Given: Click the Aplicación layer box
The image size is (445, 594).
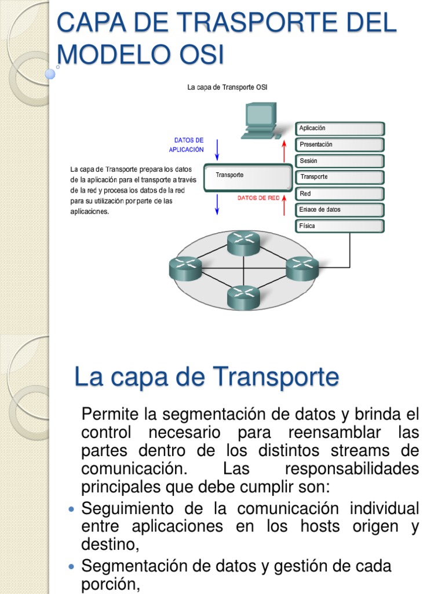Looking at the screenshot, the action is coord(340,128).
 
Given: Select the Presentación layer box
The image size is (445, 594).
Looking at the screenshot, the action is coord(340,144).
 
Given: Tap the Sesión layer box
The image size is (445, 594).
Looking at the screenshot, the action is coord(340,161).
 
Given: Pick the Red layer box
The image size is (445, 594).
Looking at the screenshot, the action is coord(340,193).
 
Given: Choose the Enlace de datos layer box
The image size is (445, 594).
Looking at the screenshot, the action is coord(340,209).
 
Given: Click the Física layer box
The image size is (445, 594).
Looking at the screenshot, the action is coord(340,226).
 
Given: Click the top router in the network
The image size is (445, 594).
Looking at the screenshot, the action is coord(243,242).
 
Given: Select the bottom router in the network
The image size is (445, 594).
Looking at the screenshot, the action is coord(243,297).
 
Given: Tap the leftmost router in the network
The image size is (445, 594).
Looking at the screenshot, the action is coord(185,267).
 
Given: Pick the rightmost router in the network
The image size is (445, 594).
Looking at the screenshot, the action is coord(302,268).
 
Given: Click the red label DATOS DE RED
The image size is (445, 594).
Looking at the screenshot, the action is coord(258,198).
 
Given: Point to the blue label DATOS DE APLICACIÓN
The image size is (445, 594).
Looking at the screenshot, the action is coord(187,144).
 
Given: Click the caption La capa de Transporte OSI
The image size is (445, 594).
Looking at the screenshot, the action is coord(227,87).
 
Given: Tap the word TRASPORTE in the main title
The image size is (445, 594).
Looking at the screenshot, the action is coord(230,23).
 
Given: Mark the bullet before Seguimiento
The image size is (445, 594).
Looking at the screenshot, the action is coord(71,509).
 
